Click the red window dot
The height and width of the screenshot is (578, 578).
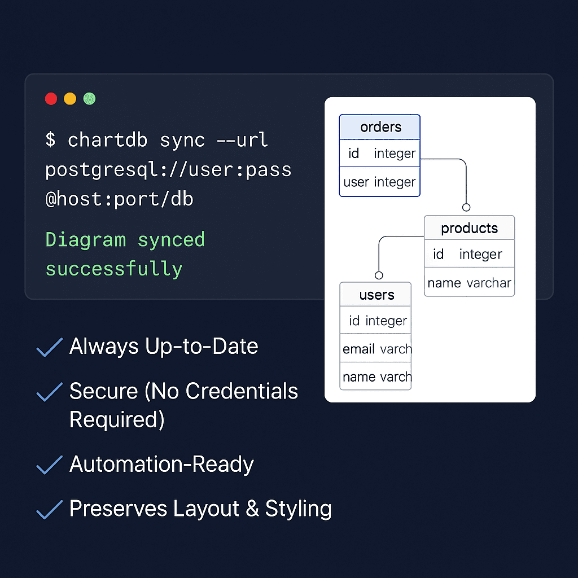tap(51, 99)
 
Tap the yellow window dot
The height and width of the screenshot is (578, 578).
tap(70, 99)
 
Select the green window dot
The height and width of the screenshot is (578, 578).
tap(89, 99)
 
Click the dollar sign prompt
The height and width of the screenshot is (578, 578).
tap(50, 140)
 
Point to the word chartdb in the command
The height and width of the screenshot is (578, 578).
tap(107, 140)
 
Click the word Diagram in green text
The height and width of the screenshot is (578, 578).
tap(86, 239)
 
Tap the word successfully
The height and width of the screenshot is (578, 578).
tap(114, 269)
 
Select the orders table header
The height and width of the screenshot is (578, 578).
tap(380, 127)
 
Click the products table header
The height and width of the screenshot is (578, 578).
tap(469, 228)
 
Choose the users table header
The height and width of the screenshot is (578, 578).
tap(375, 295)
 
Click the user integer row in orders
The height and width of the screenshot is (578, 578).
tap(380, 182)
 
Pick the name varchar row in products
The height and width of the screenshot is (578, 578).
tap(469, 282)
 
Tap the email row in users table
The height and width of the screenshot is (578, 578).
tap(375, 348)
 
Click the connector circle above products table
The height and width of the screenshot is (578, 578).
tap(466, 207)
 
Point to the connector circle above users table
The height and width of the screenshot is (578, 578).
tap(379, 275)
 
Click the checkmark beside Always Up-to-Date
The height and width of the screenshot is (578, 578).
tap(50, 347)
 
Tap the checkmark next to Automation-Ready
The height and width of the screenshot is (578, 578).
tap(50, 465)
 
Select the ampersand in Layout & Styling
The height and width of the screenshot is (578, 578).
tap(252, 509)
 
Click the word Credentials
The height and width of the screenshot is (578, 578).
tap(242, 391)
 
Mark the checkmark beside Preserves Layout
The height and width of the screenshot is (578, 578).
tap(50, 510)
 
